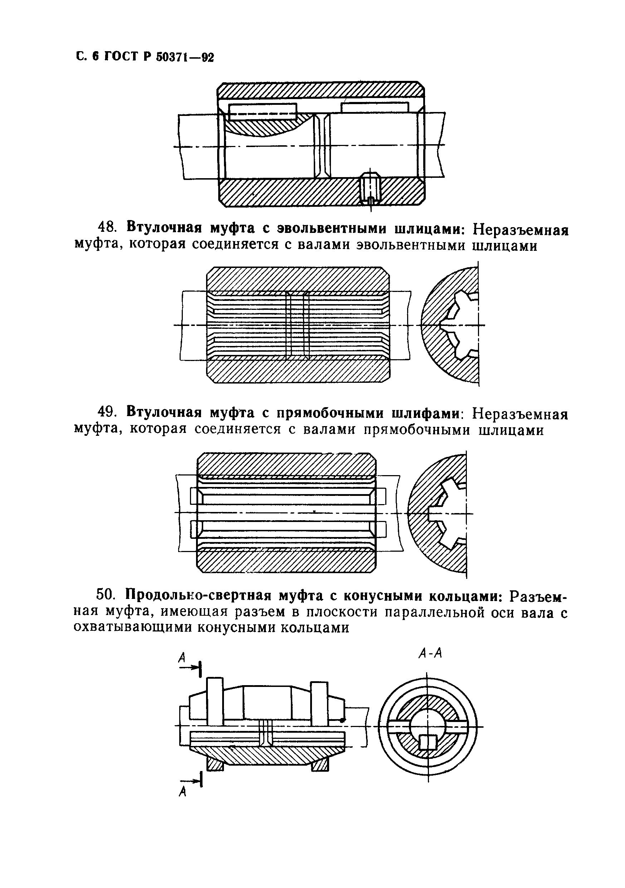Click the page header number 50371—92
pos(185,57)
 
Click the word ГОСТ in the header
pos(120,57)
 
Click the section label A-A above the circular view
pos(430,653)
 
